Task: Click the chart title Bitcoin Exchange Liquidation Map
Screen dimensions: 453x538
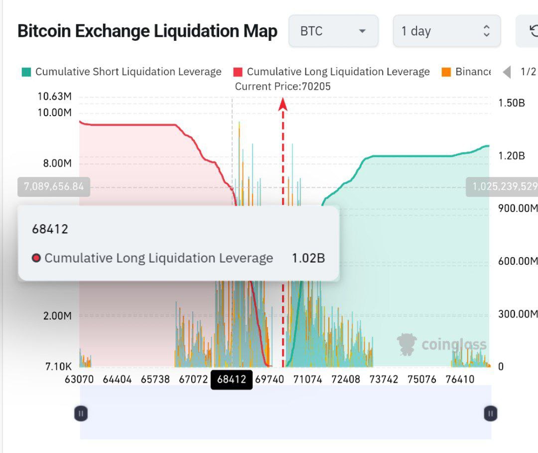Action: [x=147, y=31]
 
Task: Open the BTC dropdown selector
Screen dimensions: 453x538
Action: [x=333, y=31]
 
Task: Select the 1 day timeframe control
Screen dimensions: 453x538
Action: [x=446, y=31]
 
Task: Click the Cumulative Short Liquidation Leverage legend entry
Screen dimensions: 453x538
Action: [x=122, y=72]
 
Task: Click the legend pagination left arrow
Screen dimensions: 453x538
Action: [x=507, y=72]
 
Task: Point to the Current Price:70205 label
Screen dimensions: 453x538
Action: [x=282, y=86]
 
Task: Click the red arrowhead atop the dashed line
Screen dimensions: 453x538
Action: [x=283, y=103]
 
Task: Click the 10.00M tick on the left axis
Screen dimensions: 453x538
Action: [x=54, y=112]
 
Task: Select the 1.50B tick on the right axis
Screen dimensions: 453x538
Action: [x=511, y=103]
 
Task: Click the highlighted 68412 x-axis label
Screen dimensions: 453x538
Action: [x=232, y=379]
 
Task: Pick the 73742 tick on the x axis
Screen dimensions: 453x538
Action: [x=384, y=379]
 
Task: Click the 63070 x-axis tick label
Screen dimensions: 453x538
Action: [x=79, y=379]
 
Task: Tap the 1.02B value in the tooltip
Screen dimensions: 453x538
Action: [x=308, y=258]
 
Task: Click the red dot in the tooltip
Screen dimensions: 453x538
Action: [x=36, y=258]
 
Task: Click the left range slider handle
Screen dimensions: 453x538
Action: [x=81, y=413]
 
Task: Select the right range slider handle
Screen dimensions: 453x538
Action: [x=491, y=413]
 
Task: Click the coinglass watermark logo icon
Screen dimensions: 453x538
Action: [x=406, y=344]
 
